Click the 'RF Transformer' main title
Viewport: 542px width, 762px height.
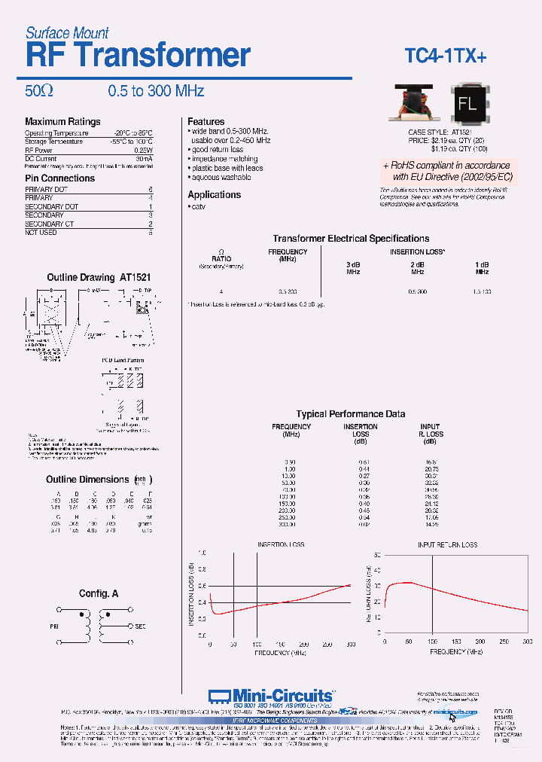coord(138,56)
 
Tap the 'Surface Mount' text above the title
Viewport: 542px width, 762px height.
coord(67,32)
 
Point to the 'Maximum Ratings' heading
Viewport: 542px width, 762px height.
coord(62,121)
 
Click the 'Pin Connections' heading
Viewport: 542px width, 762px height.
coord(59,178)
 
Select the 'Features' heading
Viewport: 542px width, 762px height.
coord(206,121)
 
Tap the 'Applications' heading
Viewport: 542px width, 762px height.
coord(214,194)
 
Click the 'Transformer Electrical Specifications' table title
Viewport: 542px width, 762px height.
coord(351,238)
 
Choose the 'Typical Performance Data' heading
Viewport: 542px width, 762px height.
coord(350,414)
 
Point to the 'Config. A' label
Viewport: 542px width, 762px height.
coord(99,593)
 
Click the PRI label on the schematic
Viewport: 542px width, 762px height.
coord(54,626)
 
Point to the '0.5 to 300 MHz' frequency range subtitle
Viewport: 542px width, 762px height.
coord(156,91)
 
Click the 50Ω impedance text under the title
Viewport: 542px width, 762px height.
coord(39,91)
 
